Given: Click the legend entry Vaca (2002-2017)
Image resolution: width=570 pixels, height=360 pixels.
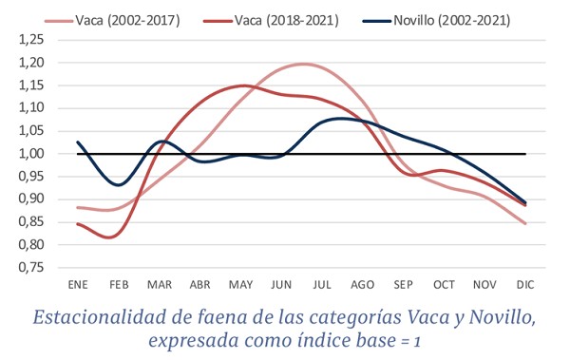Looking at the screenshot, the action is [112, 20].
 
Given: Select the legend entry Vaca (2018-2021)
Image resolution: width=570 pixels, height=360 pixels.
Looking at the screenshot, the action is [271, 20].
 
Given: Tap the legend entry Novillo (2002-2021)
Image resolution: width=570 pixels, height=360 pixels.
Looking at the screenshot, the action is [437, 20].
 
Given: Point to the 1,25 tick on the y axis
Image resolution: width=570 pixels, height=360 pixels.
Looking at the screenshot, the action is [31, 40].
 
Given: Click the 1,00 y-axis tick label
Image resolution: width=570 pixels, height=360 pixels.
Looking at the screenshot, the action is [31, 154].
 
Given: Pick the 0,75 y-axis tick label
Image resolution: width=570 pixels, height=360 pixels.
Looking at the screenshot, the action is [31, 268].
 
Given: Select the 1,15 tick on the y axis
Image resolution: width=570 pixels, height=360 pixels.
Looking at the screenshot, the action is [31, 85].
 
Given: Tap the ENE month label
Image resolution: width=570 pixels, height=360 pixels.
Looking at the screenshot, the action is [78, 284].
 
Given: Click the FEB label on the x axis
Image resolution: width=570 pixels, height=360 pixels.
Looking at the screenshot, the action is [119, 284].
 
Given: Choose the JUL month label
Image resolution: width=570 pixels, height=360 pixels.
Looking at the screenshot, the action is [322, 284].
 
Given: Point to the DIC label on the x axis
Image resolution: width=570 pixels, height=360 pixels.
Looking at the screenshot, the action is [525, 284].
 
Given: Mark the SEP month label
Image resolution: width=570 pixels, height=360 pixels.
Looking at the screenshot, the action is [403, 284].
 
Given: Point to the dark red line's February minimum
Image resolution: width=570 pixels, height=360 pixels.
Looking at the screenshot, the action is [110, 237].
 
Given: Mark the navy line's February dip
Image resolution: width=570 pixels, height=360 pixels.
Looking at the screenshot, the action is [119, 184].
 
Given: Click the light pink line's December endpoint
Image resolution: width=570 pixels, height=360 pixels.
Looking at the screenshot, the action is [525, 223].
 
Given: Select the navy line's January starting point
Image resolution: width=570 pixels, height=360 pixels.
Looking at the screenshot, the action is [78, 142].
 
